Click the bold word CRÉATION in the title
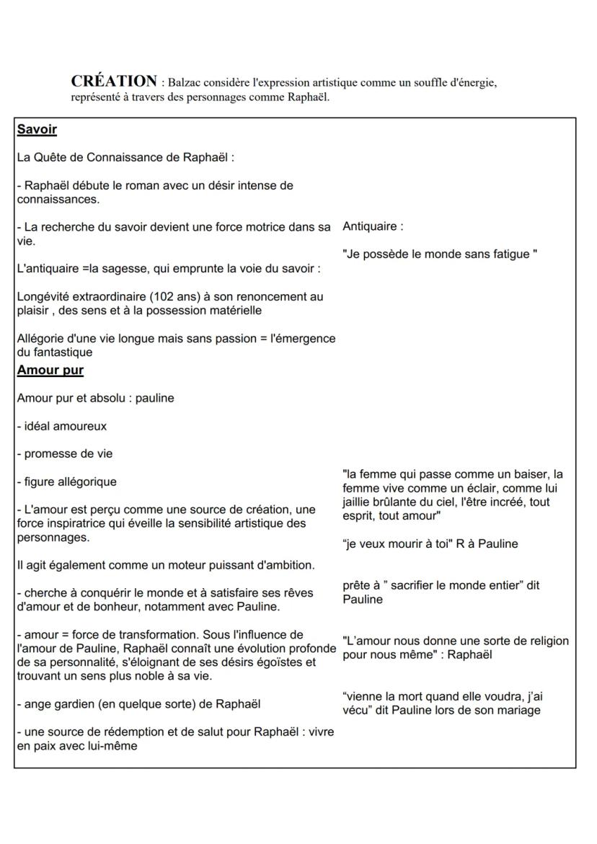(x=113, y=81)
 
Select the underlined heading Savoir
(x=37, y=130)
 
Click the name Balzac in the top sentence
(x=185, y=84)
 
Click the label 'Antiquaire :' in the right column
(x=373, y=226)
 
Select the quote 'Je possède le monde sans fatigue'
(x=439, y=254)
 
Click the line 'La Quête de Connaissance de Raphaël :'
(x=126, y=157)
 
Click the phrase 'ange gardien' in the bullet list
(x=59, y=703)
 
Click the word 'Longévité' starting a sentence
(x=44, y=296)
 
